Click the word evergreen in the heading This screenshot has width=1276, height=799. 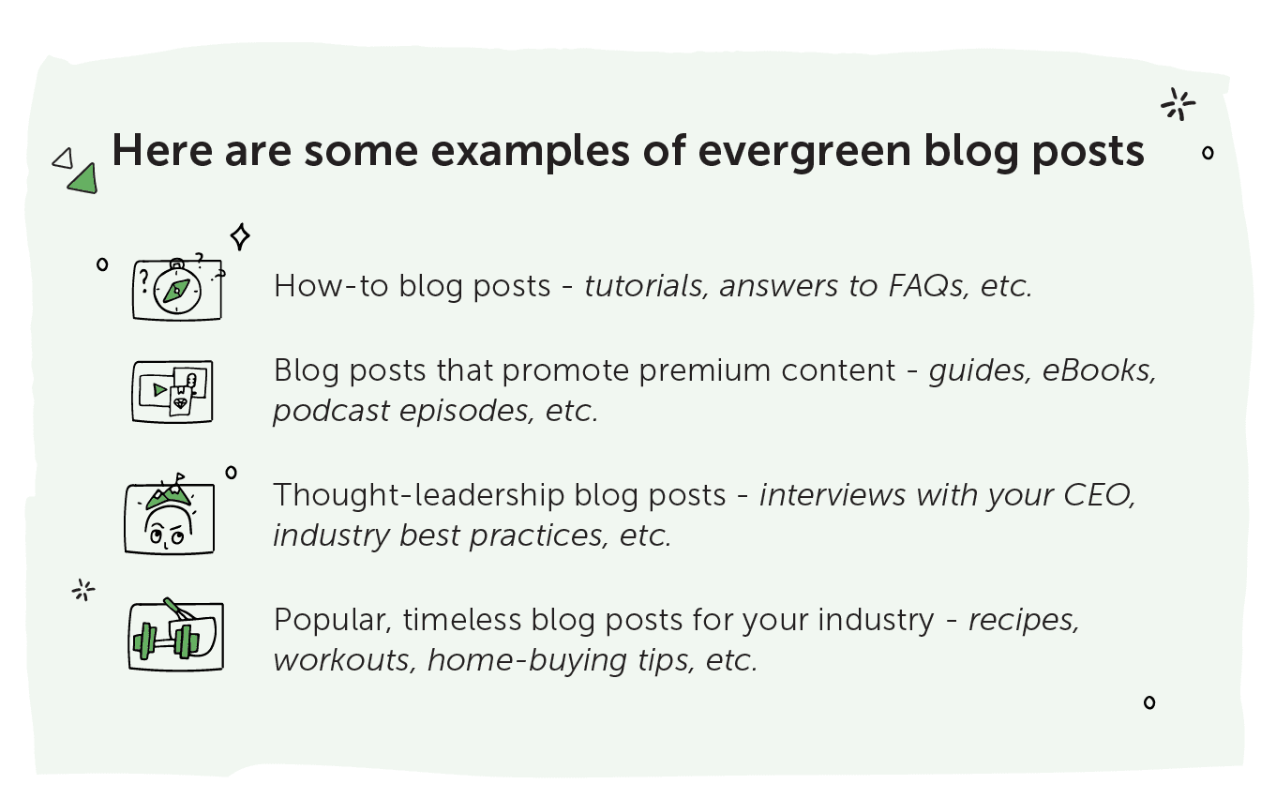pyautogui.click(x=804, y=152)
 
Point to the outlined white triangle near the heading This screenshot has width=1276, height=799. pyautogui.click(x=63, y=159)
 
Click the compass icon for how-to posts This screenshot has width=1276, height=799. pyautogui.click(x=177, y=291)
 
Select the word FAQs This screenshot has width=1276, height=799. pyautogui.click(x=928, y=285)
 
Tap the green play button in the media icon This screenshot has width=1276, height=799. pyautogui.click(x=160, y=390)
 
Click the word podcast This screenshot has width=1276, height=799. pyautogui.click(x=331, y=411)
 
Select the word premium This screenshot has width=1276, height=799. pyautogui.click(x=705, y=371)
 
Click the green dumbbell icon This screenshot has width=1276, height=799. pyautogui.click(x=166, y=641)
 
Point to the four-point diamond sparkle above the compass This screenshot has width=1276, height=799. pyautogui.click(x=240, y=236)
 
